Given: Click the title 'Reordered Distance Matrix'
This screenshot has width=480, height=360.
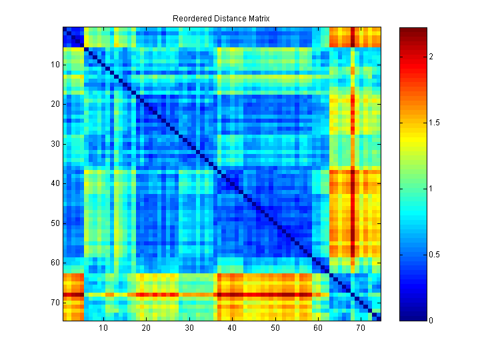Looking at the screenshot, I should tap(221, 19).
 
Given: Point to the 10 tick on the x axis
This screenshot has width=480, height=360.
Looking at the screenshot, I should tap(104, 328).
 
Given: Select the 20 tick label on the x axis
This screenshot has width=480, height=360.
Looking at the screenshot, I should tap(147, 328).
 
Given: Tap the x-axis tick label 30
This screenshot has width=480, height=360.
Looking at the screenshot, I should tap(189, 328).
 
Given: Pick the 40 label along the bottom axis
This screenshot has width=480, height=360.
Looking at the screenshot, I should tap(232, 328).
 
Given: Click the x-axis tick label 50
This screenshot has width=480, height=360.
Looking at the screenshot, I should tap(275, 328).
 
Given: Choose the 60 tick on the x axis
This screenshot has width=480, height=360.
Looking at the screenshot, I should tap(318, 328).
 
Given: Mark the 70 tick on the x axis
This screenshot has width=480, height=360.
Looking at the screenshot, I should tap(361, 328).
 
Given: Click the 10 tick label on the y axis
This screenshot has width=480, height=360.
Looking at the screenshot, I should tap(54, 65).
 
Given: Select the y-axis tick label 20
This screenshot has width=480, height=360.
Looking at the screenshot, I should tap(54, 104).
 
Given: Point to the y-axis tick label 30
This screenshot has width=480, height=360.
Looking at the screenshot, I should tap(54, 144).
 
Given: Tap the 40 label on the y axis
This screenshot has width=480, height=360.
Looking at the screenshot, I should tap(54, 183).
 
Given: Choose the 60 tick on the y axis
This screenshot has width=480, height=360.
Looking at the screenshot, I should tap(54, 263).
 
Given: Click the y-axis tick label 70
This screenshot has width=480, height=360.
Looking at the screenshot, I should tap(54, 303).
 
